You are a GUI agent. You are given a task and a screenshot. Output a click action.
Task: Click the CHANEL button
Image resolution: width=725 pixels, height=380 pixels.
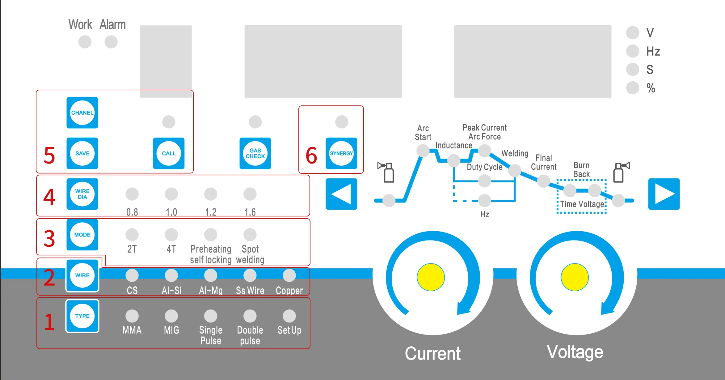point(82,113)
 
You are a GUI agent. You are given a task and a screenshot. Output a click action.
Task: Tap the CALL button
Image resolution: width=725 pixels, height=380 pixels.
point(169,153)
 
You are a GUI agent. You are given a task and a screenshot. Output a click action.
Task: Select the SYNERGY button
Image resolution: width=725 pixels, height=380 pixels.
point(341,153)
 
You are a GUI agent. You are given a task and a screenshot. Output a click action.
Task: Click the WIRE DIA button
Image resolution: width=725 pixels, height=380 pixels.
point(82,194)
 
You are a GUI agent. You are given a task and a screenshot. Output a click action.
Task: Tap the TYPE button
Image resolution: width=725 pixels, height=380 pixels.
point(82,316)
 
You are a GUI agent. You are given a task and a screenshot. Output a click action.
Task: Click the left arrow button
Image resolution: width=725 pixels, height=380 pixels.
point(341,194)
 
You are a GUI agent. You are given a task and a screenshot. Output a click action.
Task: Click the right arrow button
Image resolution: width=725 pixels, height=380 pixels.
point(664,194)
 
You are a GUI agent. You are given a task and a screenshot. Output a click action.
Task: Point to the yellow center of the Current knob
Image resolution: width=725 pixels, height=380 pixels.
point(431,277)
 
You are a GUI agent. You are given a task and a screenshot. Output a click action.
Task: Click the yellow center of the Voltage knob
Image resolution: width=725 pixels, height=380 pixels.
point(575,277)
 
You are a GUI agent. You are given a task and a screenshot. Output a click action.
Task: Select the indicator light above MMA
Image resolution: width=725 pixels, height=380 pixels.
point(132,316)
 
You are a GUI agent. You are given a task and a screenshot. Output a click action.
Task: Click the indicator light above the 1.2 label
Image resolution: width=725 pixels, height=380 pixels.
point(211,194)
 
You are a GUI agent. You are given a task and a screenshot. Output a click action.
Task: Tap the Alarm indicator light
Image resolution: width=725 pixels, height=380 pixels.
point(111,42)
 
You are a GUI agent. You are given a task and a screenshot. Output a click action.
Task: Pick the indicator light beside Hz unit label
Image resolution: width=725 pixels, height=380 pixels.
point(633,51)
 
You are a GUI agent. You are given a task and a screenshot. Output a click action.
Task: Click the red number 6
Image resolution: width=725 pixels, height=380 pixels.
point(311,155)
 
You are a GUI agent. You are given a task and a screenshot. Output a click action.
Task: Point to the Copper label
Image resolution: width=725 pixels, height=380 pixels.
point(289,291)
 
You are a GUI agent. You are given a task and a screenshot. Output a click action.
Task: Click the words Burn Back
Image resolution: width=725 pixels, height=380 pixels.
point(581,170)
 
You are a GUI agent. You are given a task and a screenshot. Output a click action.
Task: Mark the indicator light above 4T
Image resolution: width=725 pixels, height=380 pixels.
point(171,235)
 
